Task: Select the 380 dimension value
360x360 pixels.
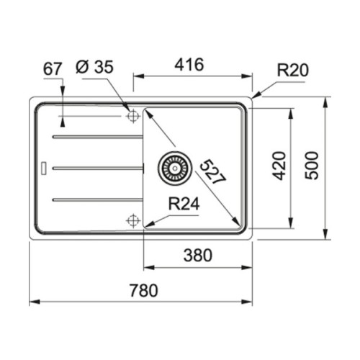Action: tap(197, 254)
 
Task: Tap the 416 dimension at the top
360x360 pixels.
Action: tap(192, 65)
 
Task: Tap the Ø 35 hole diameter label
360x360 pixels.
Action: tap(93, 68)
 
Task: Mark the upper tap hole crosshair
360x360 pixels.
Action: tap(132, 116)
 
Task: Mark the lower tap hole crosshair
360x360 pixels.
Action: tap(132, 220)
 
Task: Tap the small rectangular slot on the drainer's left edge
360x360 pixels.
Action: tap(45, 168)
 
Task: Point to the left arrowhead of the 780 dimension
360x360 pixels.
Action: tap(33, 302)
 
